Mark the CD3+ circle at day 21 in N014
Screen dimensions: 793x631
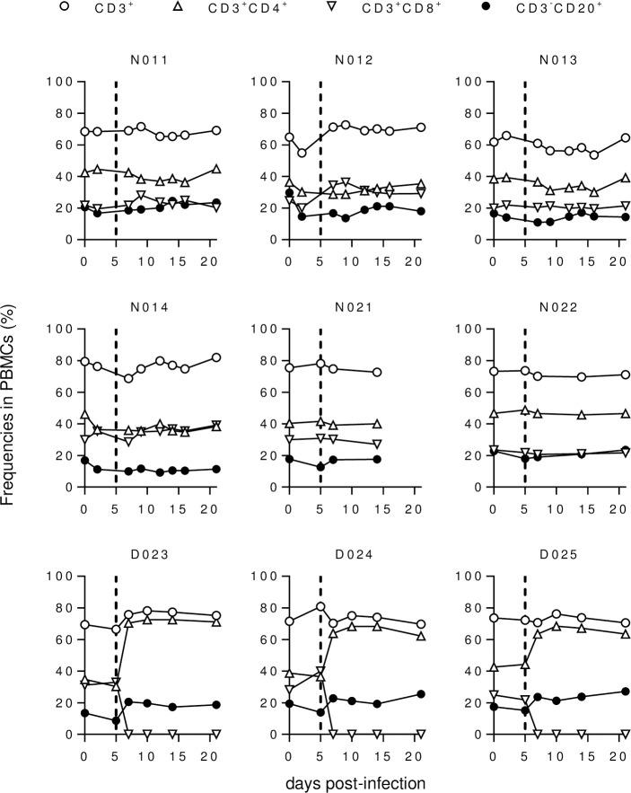(x=215, y=357)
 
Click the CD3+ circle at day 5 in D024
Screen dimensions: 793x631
(x=320, y=606)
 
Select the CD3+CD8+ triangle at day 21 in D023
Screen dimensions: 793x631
(x=215, y=734)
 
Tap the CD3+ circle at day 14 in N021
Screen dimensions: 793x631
(x=377, y=372)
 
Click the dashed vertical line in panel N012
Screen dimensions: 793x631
(x=320, y=162)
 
